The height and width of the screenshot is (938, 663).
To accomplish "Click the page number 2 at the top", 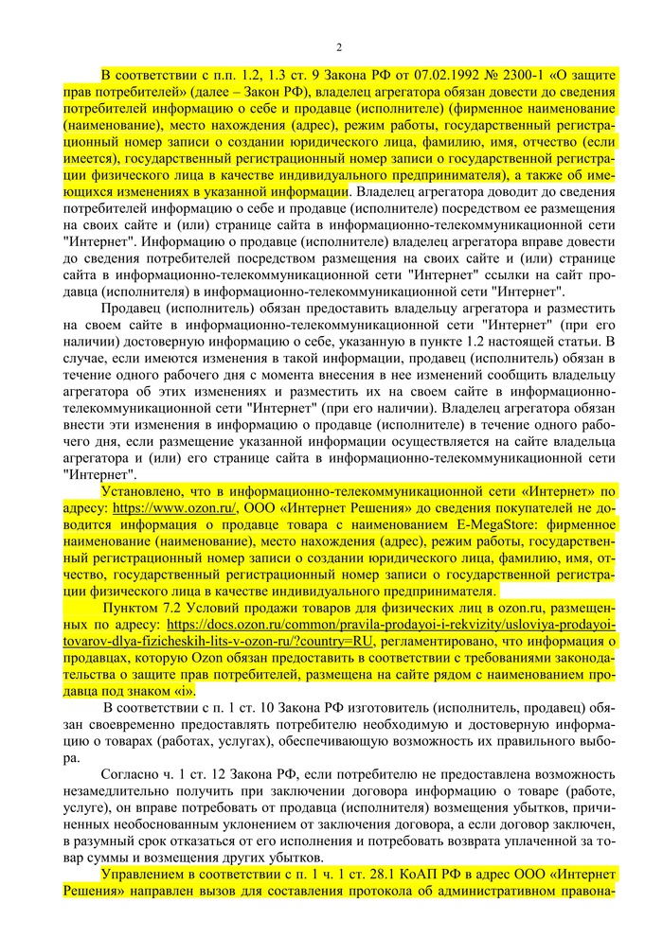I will pyautogui.click(x=338, y=47).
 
